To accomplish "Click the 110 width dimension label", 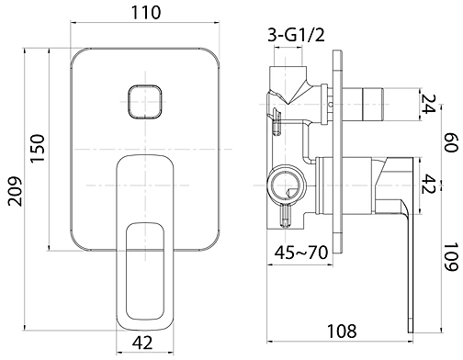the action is pos(145,13).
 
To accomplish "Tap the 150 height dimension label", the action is pos(38,148).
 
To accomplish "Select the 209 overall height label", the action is pos(16,191).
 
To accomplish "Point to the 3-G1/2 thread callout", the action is pos(296,35).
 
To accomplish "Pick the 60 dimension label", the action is pos(451,142).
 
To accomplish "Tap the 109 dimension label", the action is pos(451,257).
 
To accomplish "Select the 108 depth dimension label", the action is pos(342,331).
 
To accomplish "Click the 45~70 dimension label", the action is pos(301,253).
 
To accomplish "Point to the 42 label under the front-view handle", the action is pos(142,343).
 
